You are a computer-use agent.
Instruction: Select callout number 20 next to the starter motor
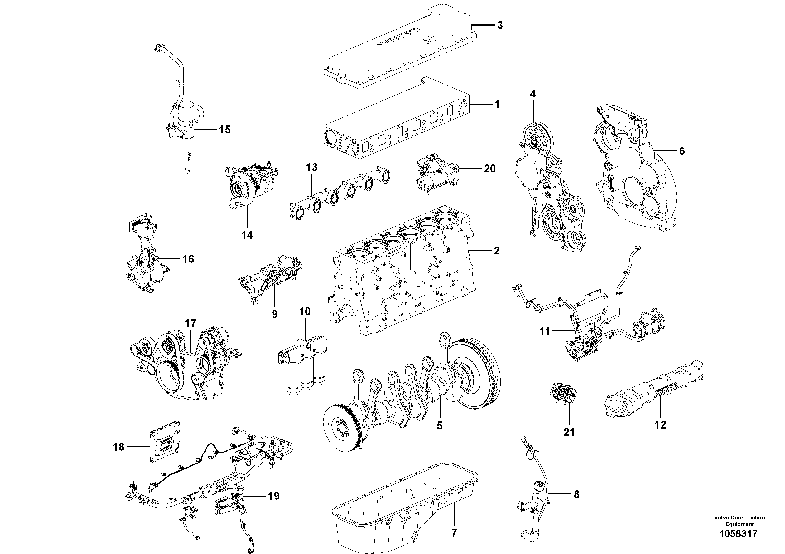(490, 168)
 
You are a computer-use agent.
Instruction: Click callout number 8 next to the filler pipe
(576, 494)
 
